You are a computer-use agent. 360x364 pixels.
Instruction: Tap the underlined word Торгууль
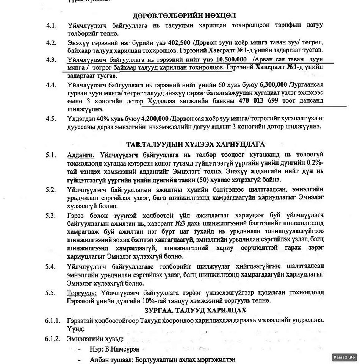81,293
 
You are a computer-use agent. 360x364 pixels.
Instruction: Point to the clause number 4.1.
51,26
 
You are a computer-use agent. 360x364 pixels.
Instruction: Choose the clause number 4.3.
51,59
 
